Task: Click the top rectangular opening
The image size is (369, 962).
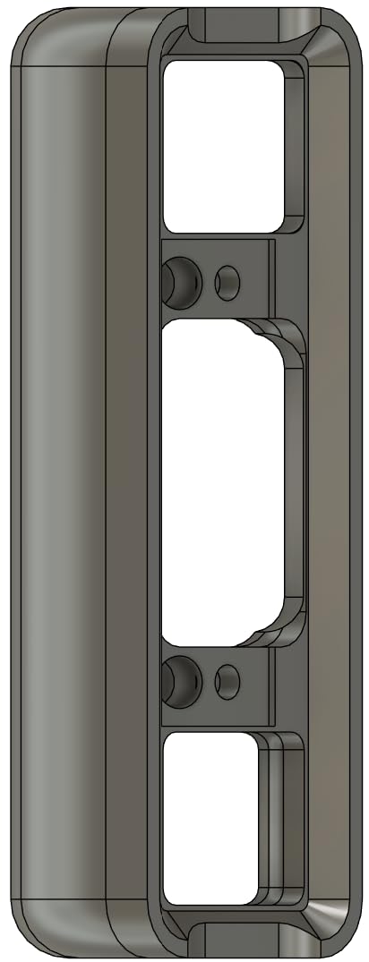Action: pos(224,143)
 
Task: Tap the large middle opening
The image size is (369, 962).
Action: pos(224,483)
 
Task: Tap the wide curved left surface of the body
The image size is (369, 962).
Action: pos(58,483)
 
